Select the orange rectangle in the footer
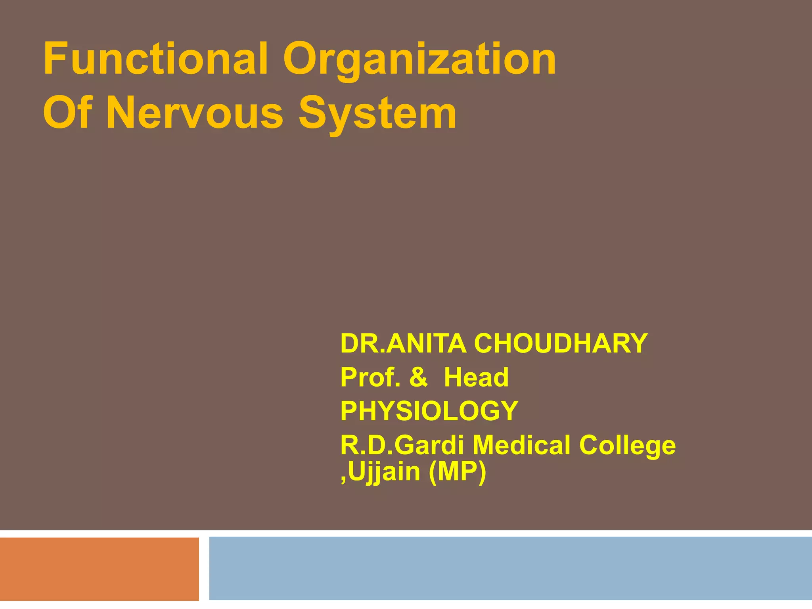pyautogui.click(x=99, y=569)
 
